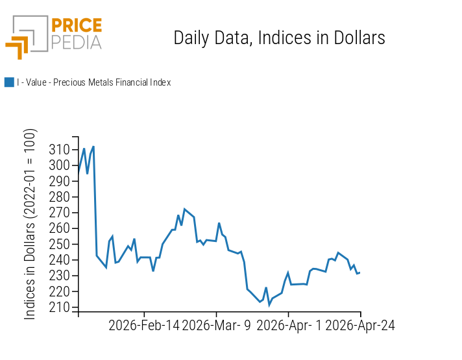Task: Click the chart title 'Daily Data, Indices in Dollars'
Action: tap(279, 38)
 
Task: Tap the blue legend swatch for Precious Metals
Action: tap(9, 82)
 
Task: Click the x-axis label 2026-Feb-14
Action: tap(144, 326)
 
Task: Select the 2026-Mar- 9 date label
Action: tap(216, 326)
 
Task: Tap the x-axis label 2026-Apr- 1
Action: tap(288, 326)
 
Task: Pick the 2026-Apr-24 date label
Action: tap(359, 326)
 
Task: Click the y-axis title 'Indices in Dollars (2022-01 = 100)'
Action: tap(30, 224)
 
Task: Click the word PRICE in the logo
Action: tap(76, 26)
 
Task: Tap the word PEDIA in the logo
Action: tap(76, 42)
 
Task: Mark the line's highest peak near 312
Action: tap(93, 147)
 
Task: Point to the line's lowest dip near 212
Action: tap(269, 304)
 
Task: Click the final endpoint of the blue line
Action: tap(359, 272)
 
